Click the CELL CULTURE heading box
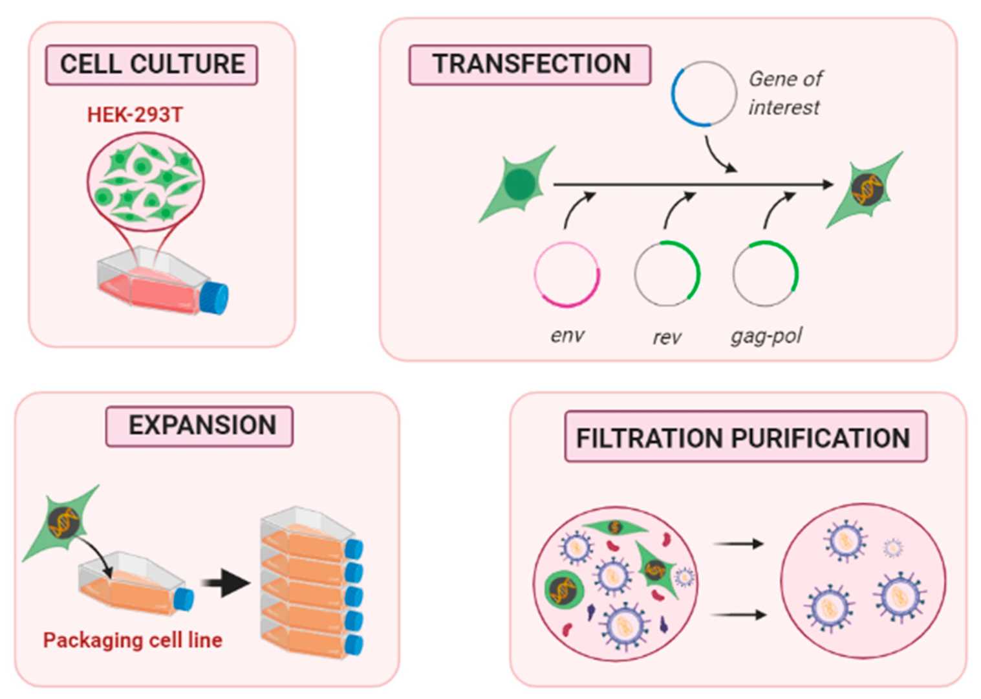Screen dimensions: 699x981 coord(151,65)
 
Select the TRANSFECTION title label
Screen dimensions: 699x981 coord(530,65)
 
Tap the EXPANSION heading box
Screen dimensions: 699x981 coord(200,426)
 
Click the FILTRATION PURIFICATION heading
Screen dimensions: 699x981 coord(745,438)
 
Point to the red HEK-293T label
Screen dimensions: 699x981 coord(135,115)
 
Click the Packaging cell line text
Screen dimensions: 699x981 coord(133,640)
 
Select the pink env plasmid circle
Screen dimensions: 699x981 coord(567,274)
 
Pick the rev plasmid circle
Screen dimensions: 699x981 coord(667,273)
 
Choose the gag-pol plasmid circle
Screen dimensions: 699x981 coord(766,273)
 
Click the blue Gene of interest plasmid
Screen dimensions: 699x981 coord(704,94)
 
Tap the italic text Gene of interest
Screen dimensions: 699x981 coord(784,93)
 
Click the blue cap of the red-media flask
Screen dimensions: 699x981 coord(214,298)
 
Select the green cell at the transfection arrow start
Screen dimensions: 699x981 coord(518,185)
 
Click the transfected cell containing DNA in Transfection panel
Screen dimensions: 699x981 coord(866,189)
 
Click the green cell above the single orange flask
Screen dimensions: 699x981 coord(63,523)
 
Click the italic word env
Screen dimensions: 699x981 coord(567,335)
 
